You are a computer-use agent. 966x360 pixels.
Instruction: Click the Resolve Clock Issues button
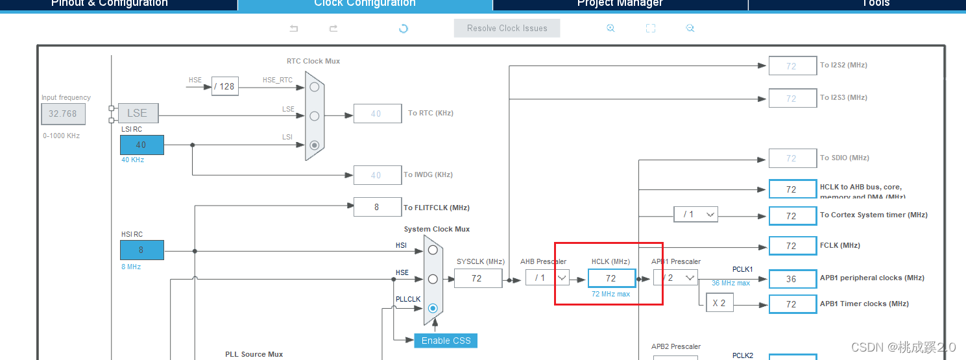pos(507,29)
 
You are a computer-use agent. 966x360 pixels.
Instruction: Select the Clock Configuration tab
pos(365,4)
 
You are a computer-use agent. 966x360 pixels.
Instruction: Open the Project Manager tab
pos(620,4)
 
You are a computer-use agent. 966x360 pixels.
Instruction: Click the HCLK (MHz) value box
pos(611,278)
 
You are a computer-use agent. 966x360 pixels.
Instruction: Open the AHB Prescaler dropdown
pos(547,278)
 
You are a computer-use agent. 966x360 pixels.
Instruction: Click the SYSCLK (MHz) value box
pos(477,278)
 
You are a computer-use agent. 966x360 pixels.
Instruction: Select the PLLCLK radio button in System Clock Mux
pos(433,308)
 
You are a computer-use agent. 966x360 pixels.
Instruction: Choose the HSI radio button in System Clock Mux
pos(433,250)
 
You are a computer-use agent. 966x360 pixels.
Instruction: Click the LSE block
pos(138,114)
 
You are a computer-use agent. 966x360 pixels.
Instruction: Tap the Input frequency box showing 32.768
pos(63,114)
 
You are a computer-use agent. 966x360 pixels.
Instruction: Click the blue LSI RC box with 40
pos(141,145)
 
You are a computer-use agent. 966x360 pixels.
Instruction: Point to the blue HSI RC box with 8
pos(141,250)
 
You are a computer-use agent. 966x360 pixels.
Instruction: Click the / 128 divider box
pos(225,86)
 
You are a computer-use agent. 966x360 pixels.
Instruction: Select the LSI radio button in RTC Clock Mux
pos(315,145)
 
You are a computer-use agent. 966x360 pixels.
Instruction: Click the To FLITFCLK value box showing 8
pos(376,208)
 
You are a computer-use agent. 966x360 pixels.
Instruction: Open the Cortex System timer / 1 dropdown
pos(695,215)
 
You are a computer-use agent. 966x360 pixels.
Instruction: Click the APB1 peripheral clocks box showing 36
pos(791,278)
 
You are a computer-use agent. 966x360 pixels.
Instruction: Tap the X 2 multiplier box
pos(719,304)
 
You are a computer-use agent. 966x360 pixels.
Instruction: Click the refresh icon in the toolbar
pos(404,29)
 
